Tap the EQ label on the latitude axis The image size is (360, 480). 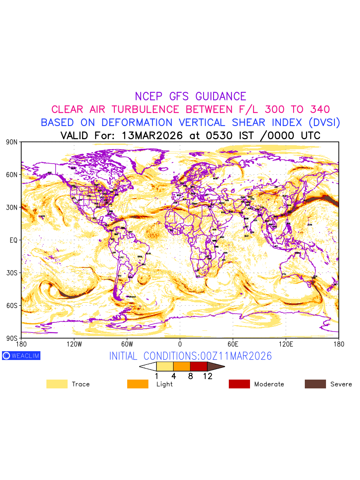tap(14, 240)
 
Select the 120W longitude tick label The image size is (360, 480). tap(74, 344)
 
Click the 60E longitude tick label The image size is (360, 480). tap(233, 344)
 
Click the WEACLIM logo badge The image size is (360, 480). tap(21, 356)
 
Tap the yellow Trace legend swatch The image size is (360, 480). tap(57, 384)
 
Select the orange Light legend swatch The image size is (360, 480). tap(138, 384)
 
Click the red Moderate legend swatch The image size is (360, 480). tap(239, 384)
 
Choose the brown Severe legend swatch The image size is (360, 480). tap(315, 384)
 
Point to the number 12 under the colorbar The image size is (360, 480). tap(207, 376)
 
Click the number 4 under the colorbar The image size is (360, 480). tap(174, 376)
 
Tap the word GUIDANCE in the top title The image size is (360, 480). tap(220, 96)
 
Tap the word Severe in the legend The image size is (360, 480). tap(341, 384)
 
